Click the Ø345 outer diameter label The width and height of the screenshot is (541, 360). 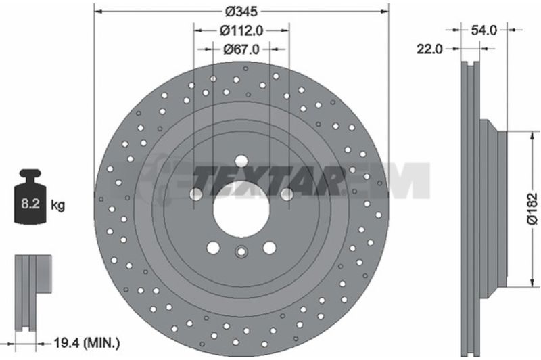[241, 12]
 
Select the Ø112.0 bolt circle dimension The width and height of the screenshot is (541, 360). [241, 30]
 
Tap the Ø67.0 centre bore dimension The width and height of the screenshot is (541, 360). [241, 49]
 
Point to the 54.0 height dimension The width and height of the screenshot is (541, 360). [484, 30]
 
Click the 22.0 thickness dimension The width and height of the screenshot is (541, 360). [429, 49]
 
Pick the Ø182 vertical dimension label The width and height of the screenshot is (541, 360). [532, 209]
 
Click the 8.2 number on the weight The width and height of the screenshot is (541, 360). [30, 204]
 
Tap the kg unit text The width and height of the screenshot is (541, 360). [57, 205]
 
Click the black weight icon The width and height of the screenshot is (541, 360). [30, 196]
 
